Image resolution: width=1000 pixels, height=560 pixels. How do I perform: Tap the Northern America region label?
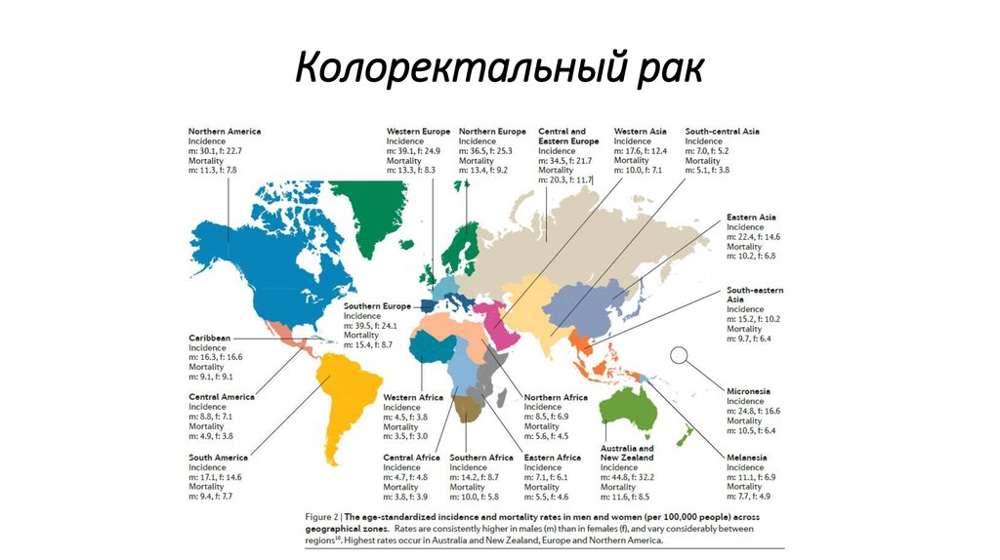click(x=225, y=131)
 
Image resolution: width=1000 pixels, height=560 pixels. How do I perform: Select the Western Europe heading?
click(x=418, y=131)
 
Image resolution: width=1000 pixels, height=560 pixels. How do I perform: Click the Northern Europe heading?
click(x=492, y=131)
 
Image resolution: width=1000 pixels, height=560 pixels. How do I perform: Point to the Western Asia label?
click(x=641, y=131)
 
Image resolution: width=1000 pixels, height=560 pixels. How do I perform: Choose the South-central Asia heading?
click(x=723, y=131)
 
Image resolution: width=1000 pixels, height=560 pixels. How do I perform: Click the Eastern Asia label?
click(x=752, y=217)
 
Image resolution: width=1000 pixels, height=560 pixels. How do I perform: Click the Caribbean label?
click(x=210, y=338)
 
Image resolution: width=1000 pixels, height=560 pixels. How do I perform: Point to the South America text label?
click(x=219, y=458)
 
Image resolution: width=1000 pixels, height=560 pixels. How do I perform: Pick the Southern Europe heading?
click(x=377, y=306)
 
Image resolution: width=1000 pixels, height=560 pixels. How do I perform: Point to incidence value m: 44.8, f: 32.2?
click(x=627, y=477)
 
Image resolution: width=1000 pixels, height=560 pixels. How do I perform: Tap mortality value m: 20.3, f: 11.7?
click(x=566, y=180)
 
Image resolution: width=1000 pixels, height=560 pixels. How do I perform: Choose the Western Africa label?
click(x=413, y=398)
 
